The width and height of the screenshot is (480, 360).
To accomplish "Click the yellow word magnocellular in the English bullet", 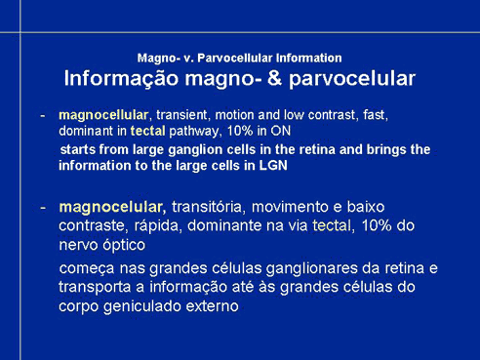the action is coord(103,115).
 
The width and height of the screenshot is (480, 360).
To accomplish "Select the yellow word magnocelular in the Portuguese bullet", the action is coord(110,207).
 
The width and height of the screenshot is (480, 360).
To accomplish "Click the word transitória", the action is coord(207,207).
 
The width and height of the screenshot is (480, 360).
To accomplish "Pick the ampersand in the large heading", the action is coord(275,79).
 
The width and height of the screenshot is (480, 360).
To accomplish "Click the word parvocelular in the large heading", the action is coord(352,79).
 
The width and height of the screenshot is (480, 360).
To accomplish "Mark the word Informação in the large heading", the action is coord(121,79).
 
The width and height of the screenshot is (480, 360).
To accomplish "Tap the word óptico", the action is coord(124,245).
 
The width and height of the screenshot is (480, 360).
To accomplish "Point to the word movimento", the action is coord(291,207).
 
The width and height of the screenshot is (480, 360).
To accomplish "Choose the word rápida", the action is coord(156,226).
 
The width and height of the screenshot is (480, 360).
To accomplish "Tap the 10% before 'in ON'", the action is coord(240,131).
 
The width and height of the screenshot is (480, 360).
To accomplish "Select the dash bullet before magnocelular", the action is coord(43,208).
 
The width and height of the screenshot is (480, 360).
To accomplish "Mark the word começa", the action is coord(87,269).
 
